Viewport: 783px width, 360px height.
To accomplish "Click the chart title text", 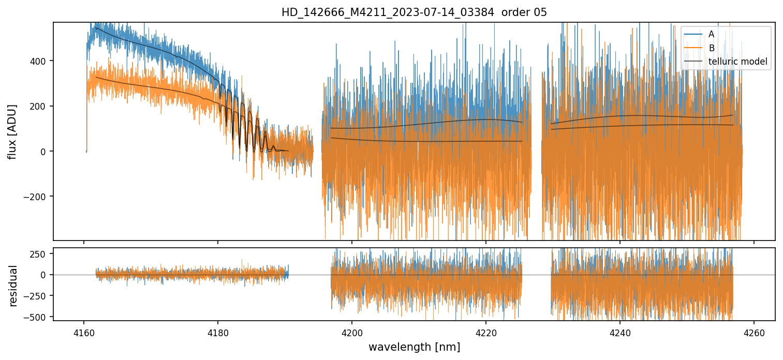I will pyautogui.click(x=414, y=12).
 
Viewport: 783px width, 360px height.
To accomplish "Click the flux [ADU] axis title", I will pyautogui.click(x=12, y=131).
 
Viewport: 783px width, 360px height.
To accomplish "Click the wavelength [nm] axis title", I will pyautogui.click(x=414, y=347).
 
